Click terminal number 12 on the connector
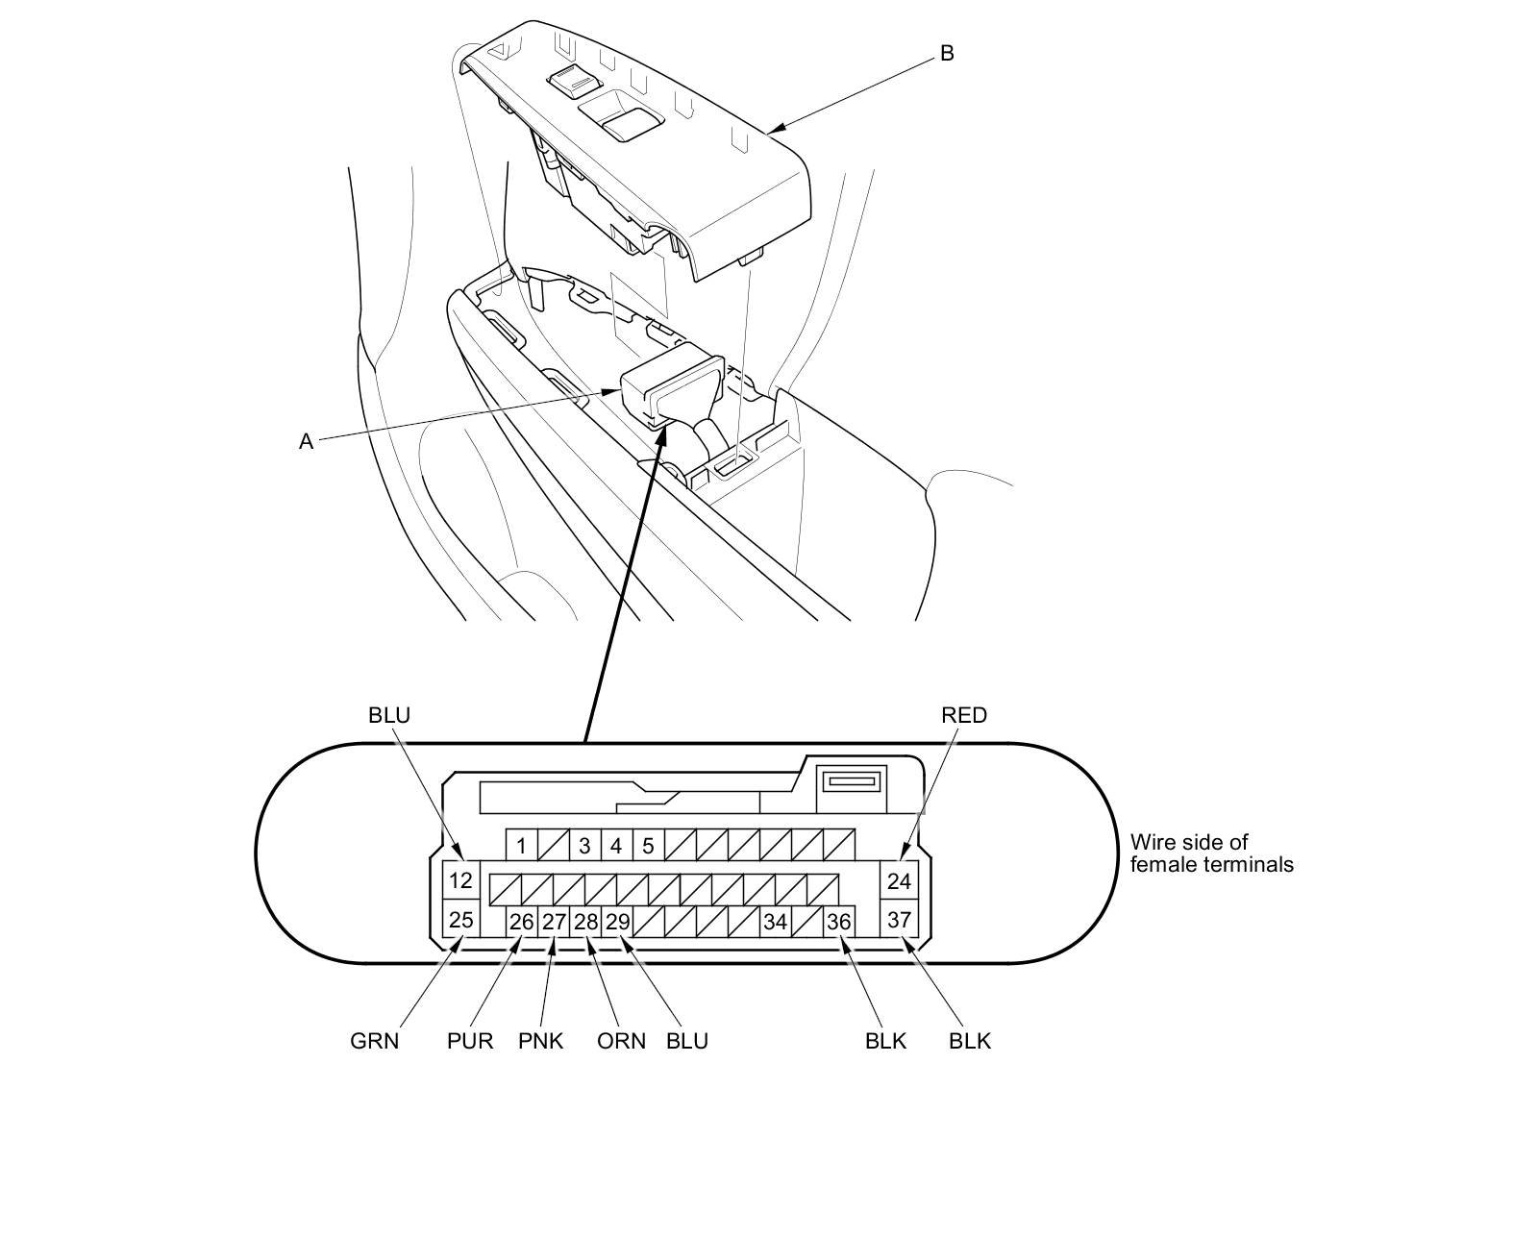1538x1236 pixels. (x=461, y=880)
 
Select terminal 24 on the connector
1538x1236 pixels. (x=899, y=880)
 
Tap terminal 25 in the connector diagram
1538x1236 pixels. (x=461, y=920)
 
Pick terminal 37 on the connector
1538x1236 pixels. (x=899, y=920)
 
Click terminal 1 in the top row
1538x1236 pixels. (x=521, y=846)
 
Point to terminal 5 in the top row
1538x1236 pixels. (x=649, y=846)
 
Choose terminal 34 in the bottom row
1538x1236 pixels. (x=775, y=922)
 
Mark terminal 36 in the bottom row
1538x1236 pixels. (x=839, y=922)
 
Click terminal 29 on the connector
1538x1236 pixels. (x=617, y=922)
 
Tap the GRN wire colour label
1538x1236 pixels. (x=374, y=1041)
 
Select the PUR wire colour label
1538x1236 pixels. (x=470, y=1041)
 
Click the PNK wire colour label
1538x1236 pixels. (x=540, y=1041)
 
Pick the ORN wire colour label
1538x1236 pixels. (x=621, y=1041)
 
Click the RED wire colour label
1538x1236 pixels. (x=964, y=715)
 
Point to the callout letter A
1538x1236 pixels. (x=306, y=442)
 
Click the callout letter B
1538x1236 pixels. (x=947, y=54)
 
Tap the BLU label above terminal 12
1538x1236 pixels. (x=388, y=715)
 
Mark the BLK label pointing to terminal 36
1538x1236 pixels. (x=885, y=1041)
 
